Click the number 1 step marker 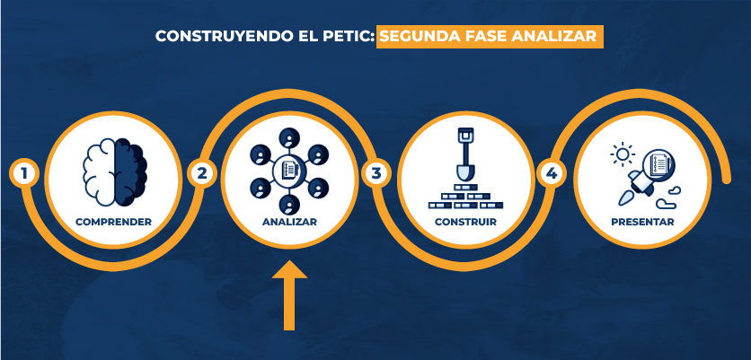23,173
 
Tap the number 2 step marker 201,173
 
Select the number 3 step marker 376,173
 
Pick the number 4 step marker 552,173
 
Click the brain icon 115,172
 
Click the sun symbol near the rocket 623,154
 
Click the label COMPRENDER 113,222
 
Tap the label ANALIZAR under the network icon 289,222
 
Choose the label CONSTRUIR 465,222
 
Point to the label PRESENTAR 642,222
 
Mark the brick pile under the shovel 465,197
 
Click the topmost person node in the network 288,139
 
